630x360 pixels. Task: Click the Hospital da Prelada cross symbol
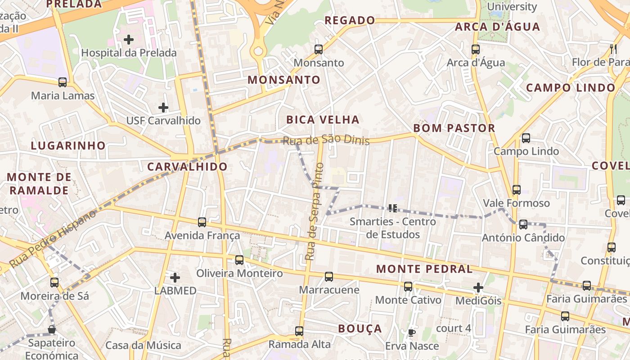129,40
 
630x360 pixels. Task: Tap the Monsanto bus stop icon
319,49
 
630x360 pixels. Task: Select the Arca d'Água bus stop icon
476,49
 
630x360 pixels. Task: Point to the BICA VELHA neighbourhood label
323,120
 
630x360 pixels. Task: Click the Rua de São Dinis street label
326,140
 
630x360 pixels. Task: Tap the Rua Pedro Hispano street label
53,238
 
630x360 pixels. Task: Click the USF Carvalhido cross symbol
163,108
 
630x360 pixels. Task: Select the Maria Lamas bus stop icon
63,82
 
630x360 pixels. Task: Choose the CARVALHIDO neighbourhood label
188,167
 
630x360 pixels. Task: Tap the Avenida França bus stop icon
202,222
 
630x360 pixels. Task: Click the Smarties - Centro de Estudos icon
393,208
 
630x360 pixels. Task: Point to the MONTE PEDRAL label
424,269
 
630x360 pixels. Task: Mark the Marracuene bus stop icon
329,277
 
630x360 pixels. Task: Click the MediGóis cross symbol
478,287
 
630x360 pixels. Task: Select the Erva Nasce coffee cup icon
411,333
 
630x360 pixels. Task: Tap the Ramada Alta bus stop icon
299,331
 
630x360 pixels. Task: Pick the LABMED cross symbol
175,278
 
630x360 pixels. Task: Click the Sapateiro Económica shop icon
52,330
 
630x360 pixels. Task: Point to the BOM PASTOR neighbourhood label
454,128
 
